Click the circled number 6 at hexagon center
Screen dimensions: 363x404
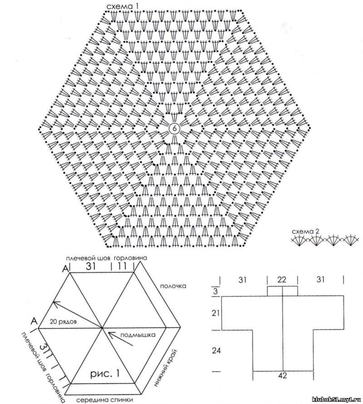(174, 128)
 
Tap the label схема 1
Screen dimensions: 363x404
(122, 7)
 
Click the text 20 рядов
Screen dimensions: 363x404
(63, 321)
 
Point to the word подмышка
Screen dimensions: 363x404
(138, 335)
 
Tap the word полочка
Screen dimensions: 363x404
(173, 286)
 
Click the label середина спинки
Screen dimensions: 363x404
(105, 400)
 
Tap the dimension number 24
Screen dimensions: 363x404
(216, 350)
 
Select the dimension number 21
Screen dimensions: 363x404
(216, 313)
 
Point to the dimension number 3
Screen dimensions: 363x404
(216, 292)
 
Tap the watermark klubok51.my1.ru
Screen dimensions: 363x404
(336, 399)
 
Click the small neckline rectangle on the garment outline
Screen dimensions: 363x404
(283, 291)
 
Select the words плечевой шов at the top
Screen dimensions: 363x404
(88, 258)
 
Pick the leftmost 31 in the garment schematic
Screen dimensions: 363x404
(242, 280)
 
